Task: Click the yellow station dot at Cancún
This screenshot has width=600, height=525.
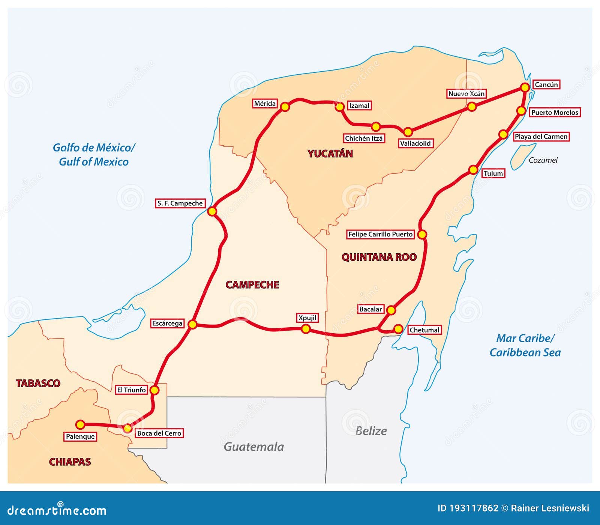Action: (525, 87)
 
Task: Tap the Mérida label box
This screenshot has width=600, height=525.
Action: (265, 104)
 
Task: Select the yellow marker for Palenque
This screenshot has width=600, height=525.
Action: (80, 424)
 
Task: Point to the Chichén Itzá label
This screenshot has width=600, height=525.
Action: (364, 138)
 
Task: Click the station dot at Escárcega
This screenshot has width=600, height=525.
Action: (192, 324)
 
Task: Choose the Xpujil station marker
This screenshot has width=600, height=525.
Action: (306, 329)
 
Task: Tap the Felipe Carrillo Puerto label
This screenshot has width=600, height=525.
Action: (380, 234)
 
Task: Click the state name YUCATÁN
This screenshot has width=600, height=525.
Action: (330, 153)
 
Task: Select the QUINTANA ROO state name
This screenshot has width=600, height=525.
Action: (379, 257)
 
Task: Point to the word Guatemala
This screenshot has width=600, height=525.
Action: (254, 447)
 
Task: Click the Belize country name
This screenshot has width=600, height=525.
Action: (371, 431)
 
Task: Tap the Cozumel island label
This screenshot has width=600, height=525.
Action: (543, 160)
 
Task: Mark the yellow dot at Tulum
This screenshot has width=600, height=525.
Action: (473, 170)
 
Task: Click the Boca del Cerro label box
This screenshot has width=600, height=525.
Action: (159, 433)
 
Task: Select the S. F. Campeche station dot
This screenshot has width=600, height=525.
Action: (212, 211)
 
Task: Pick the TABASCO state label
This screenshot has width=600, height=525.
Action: (38, 383)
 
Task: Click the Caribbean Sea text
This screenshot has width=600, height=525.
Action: (525, 352)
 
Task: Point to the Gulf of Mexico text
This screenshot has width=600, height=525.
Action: (94, 162)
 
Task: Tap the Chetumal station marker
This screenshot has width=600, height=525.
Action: (398, 329)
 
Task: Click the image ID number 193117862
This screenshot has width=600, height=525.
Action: (474, 508)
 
